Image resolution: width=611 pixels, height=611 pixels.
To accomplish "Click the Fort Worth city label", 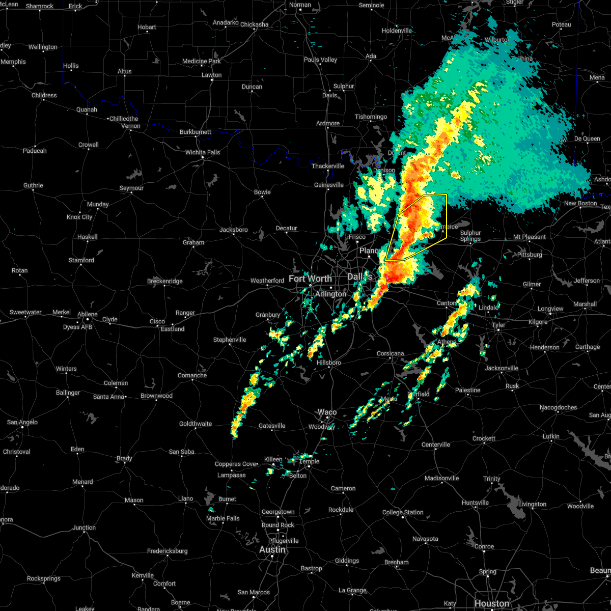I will click(310, 279).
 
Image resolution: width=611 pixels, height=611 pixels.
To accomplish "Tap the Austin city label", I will click(272, 550).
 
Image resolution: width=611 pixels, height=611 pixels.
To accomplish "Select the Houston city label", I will click(492, 603).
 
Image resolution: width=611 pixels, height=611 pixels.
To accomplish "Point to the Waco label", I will click(327, 412).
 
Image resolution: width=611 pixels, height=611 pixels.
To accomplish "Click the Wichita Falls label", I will click(203, 152).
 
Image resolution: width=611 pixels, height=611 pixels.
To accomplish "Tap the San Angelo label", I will click(19, 422).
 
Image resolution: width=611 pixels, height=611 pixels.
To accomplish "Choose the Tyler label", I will click(498, 325).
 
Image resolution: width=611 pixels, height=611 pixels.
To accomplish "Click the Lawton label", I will click(211, 75).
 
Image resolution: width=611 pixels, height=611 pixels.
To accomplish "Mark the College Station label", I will click(403, 512).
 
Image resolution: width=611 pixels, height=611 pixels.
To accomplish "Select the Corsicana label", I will click(391, 353).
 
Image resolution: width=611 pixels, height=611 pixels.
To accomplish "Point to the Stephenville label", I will click(230, 340).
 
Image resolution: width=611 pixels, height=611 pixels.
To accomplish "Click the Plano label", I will click(369, 251).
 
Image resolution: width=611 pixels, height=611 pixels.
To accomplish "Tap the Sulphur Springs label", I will click(470, 236).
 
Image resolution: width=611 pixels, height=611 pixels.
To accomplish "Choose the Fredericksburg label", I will click(167, 551).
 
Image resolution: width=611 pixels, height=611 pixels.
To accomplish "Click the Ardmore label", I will click(328, 123).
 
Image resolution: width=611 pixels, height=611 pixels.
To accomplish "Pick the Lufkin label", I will click(551, 436).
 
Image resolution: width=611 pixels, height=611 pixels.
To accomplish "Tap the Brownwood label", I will click(156, 396).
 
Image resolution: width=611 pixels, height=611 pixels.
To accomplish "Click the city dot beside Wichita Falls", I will click(203, 158).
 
